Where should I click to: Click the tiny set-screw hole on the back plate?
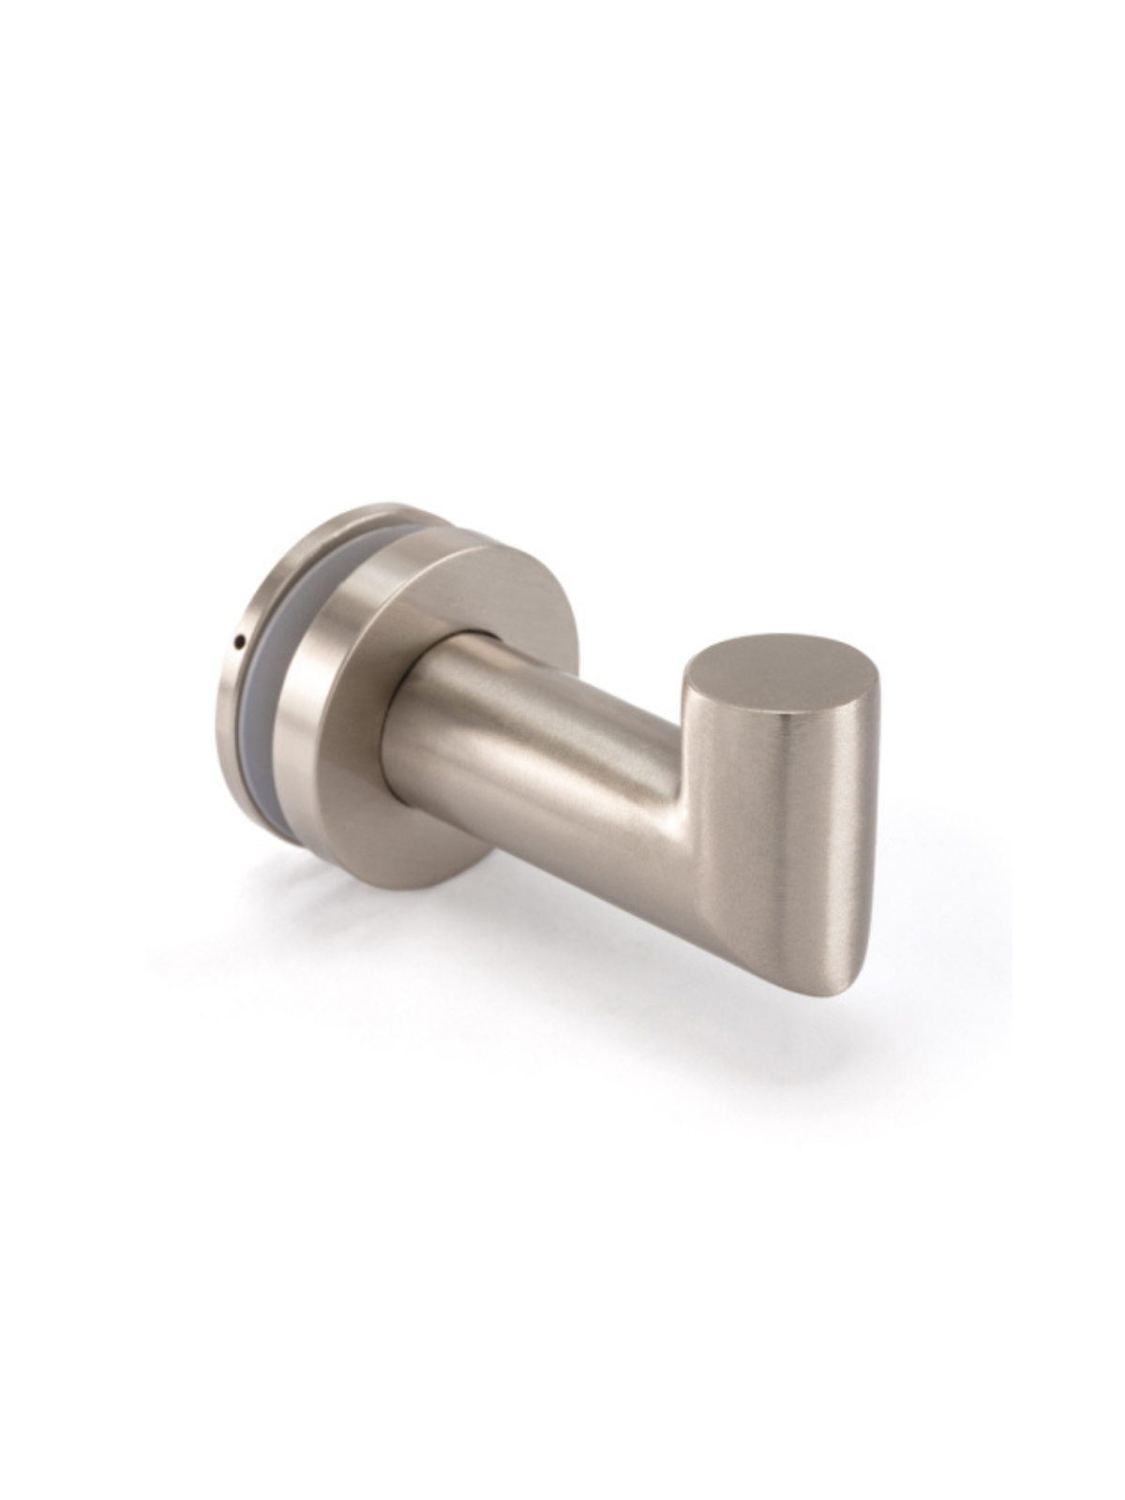(239, 641)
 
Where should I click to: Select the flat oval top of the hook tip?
(781, 673)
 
